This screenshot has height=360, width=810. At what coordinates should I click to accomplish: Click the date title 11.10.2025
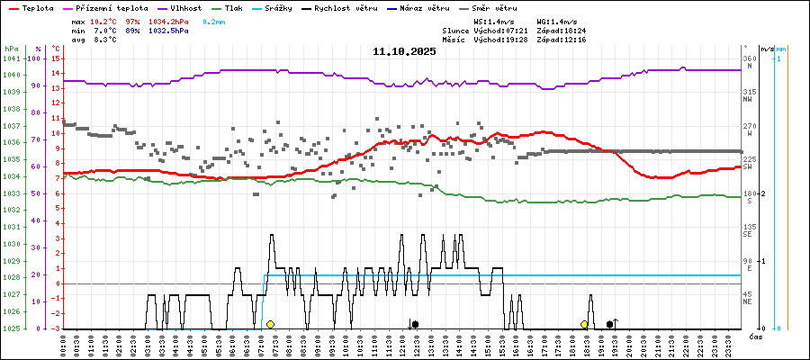point(404,51)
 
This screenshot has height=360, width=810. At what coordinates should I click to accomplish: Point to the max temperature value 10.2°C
point(104,21)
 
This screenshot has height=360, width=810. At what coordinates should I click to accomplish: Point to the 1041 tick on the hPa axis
point(11,58)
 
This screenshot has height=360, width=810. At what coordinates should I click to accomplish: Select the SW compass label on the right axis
point(748,167)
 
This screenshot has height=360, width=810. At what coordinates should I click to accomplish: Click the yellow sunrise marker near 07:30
point(270,324)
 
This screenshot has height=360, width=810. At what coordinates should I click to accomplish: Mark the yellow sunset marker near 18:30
point(584,324)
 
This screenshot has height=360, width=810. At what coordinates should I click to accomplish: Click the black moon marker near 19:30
point(610,324)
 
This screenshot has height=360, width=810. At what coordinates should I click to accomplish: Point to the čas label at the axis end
point(757,335)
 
